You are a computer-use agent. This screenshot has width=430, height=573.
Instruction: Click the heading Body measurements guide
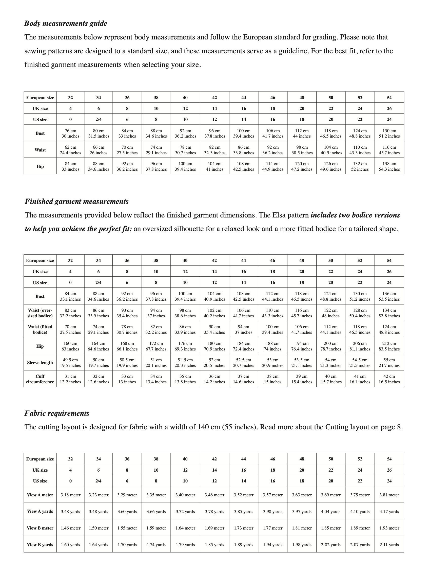pos(66,23)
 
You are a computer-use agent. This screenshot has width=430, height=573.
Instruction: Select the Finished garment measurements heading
pos(76,201)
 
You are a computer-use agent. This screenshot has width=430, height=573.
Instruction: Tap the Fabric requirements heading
pos(57,413)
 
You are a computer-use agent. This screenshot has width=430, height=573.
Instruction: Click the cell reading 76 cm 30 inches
pos(71,133)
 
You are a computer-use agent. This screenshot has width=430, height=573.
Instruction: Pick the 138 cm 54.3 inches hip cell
pos(389,166)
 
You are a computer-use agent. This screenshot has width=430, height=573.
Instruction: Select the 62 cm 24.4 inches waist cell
pos(71,150)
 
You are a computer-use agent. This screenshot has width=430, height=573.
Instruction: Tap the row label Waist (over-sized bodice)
pos(40,313)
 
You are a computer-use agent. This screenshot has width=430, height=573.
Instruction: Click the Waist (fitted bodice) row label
pos(40,329)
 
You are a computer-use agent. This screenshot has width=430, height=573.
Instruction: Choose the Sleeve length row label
pos(40,362)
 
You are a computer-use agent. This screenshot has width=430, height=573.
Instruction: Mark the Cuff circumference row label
pos(40,379)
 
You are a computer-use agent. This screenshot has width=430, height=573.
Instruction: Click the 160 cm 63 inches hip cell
pos(70,346)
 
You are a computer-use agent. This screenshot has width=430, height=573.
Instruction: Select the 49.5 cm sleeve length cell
pos(70,362)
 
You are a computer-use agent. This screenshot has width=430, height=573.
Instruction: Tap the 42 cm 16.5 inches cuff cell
pos(389,379)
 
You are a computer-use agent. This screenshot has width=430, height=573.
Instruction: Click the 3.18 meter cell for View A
pos(71,495)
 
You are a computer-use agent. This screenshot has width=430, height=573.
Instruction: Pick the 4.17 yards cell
pos(389,511)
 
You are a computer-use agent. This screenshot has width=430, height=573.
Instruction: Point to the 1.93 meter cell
pos(389,528)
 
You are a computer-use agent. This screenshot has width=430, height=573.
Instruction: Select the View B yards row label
pos(40,544)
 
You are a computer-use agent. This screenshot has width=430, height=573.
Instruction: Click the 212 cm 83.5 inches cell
pos(389,346)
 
